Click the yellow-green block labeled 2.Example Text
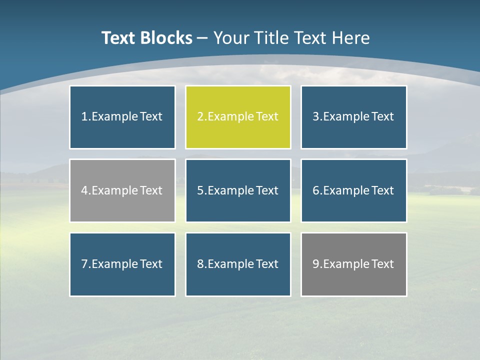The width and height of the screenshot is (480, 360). (238, 117)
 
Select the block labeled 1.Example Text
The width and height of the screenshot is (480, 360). (122, 117)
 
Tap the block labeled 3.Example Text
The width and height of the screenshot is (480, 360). (353, 117)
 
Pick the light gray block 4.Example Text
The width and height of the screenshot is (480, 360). (122, 190)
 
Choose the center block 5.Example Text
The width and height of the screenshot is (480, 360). (238, 190)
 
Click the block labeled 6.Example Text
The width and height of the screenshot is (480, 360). (353, 190)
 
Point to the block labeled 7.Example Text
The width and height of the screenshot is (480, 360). (122, 264)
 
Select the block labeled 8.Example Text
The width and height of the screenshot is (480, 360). (238, 264)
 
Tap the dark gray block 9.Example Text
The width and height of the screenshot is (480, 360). (353, 264)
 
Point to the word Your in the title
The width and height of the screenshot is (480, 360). (231, 38)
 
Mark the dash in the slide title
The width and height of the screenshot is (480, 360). (203, 38)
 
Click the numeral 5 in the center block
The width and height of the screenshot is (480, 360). (200, 190)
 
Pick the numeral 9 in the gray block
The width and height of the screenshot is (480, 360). (316, 264)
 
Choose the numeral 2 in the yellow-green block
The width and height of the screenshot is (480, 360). (200, 117)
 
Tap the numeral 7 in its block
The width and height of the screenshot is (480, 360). (84, 264)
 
